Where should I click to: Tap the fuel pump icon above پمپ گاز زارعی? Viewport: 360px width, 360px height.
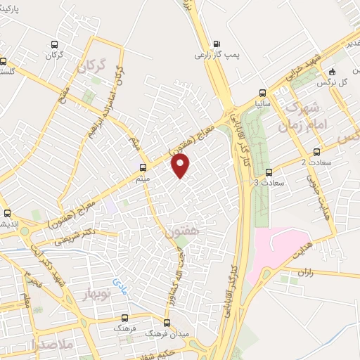pyautogui.click(x=215, y=41)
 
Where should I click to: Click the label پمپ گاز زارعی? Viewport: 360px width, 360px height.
pyautogui.click(x=212, y=54)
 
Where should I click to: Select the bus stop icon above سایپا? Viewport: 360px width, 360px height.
pyautogui.click(x=262, y=93)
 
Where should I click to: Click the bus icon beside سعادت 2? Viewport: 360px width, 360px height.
pyautogui.click(x=316, y=151)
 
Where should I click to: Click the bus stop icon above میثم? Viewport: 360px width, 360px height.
pyautogui.click(x=143, y=168)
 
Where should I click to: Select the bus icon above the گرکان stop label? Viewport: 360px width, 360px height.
pyautogui.click(x=55, y=44)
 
